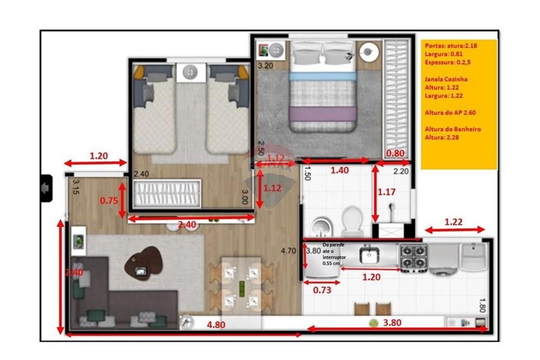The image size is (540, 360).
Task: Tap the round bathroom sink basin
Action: pyautogui.click(x=322, y=226)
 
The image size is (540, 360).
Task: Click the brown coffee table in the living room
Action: pyautogui.click(x=143, y=262)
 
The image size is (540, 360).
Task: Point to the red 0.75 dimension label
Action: pyautogui.click(x=109, y=200)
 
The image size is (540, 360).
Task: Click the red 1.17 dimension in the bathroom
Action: pyautogui.click(x=387, y=192)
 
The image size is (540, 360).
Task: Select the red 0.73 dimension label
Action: pyautogui.click(x=323, y=290)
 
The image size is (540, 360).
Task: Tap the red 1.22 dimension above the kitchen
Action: pyautogui.click(x=453, y=222)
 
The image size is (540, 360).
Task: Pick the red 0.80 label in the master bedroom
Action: pyautogui.click(x=395, y=153)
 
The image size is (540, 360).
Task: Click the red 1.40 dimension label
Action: pyautogui.click(x=340, y=170)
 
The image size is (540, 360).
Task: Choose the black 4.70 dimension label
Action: pyautogui.click(x=288, y=250)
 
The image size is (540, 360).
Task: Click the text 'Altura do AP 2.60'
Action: pyautogui.click(x=450, y=112)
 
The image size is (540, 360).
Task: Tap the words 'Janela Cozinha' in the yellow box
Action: pyautogui.click(x=446, y=79)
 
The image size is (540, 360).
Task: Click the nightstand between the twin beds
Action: pyautogui.click(x=191, y=72)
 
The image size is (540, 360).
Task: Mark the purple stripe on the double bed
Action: pyautogui.click(x=323, y=114)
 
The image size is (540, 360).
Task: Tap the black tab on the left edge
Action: pyautogui.click(x=46, y=188)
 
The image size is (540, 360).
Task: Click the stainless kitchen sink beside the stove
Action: pyautogui.click(x=370, y=254)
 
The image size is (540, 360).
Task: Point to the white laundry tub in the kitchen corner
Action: pyautogui.click(x=474, y=256)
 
